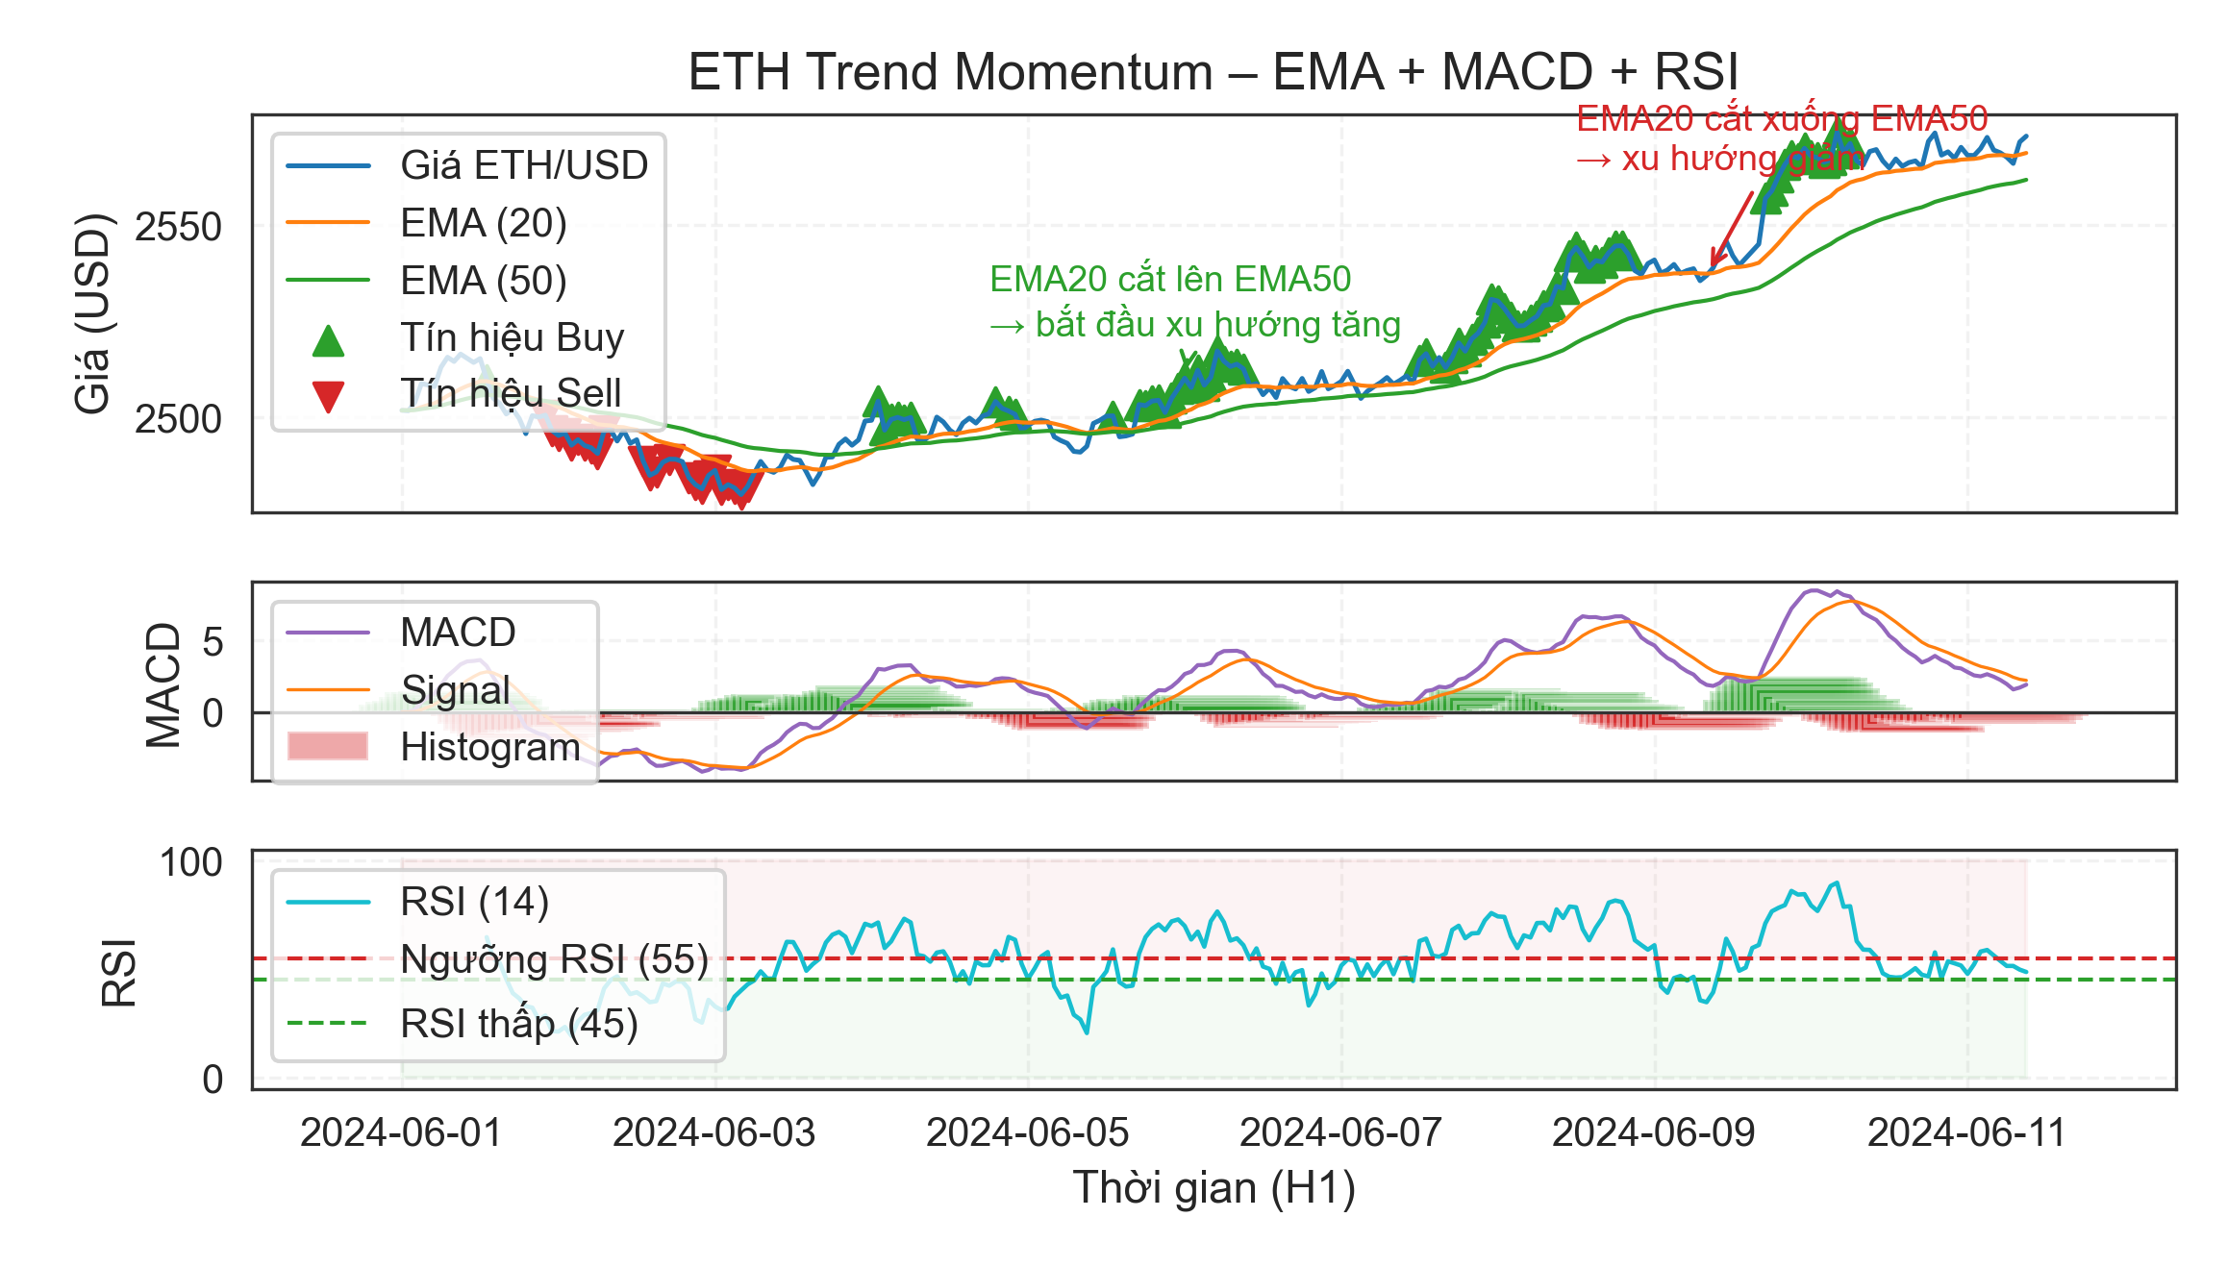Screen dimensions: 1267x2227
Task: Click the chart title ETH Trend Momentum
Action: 1214,72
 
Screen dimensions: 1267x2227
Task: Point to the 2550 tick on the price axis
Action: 178,227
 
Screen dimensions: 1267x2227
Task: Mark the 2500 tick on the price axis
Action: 178,419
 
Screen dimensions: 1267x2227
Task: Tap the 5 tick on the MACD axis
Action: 213,641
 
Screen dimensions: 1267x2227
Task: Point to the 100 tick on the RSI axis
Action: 190,862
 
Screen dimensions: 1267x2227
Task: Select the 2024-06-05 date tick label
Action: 1027,1132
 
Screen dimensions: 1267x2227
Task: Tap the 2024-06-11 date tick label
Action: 1966,1132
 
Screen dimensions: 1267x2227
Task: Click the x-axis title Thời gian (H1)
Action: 1214,1187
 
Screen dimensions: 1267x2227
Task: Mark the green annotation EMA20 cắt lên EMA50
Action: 1170,279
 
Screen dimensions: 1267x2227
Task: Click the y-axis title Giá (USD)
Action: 92,313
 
